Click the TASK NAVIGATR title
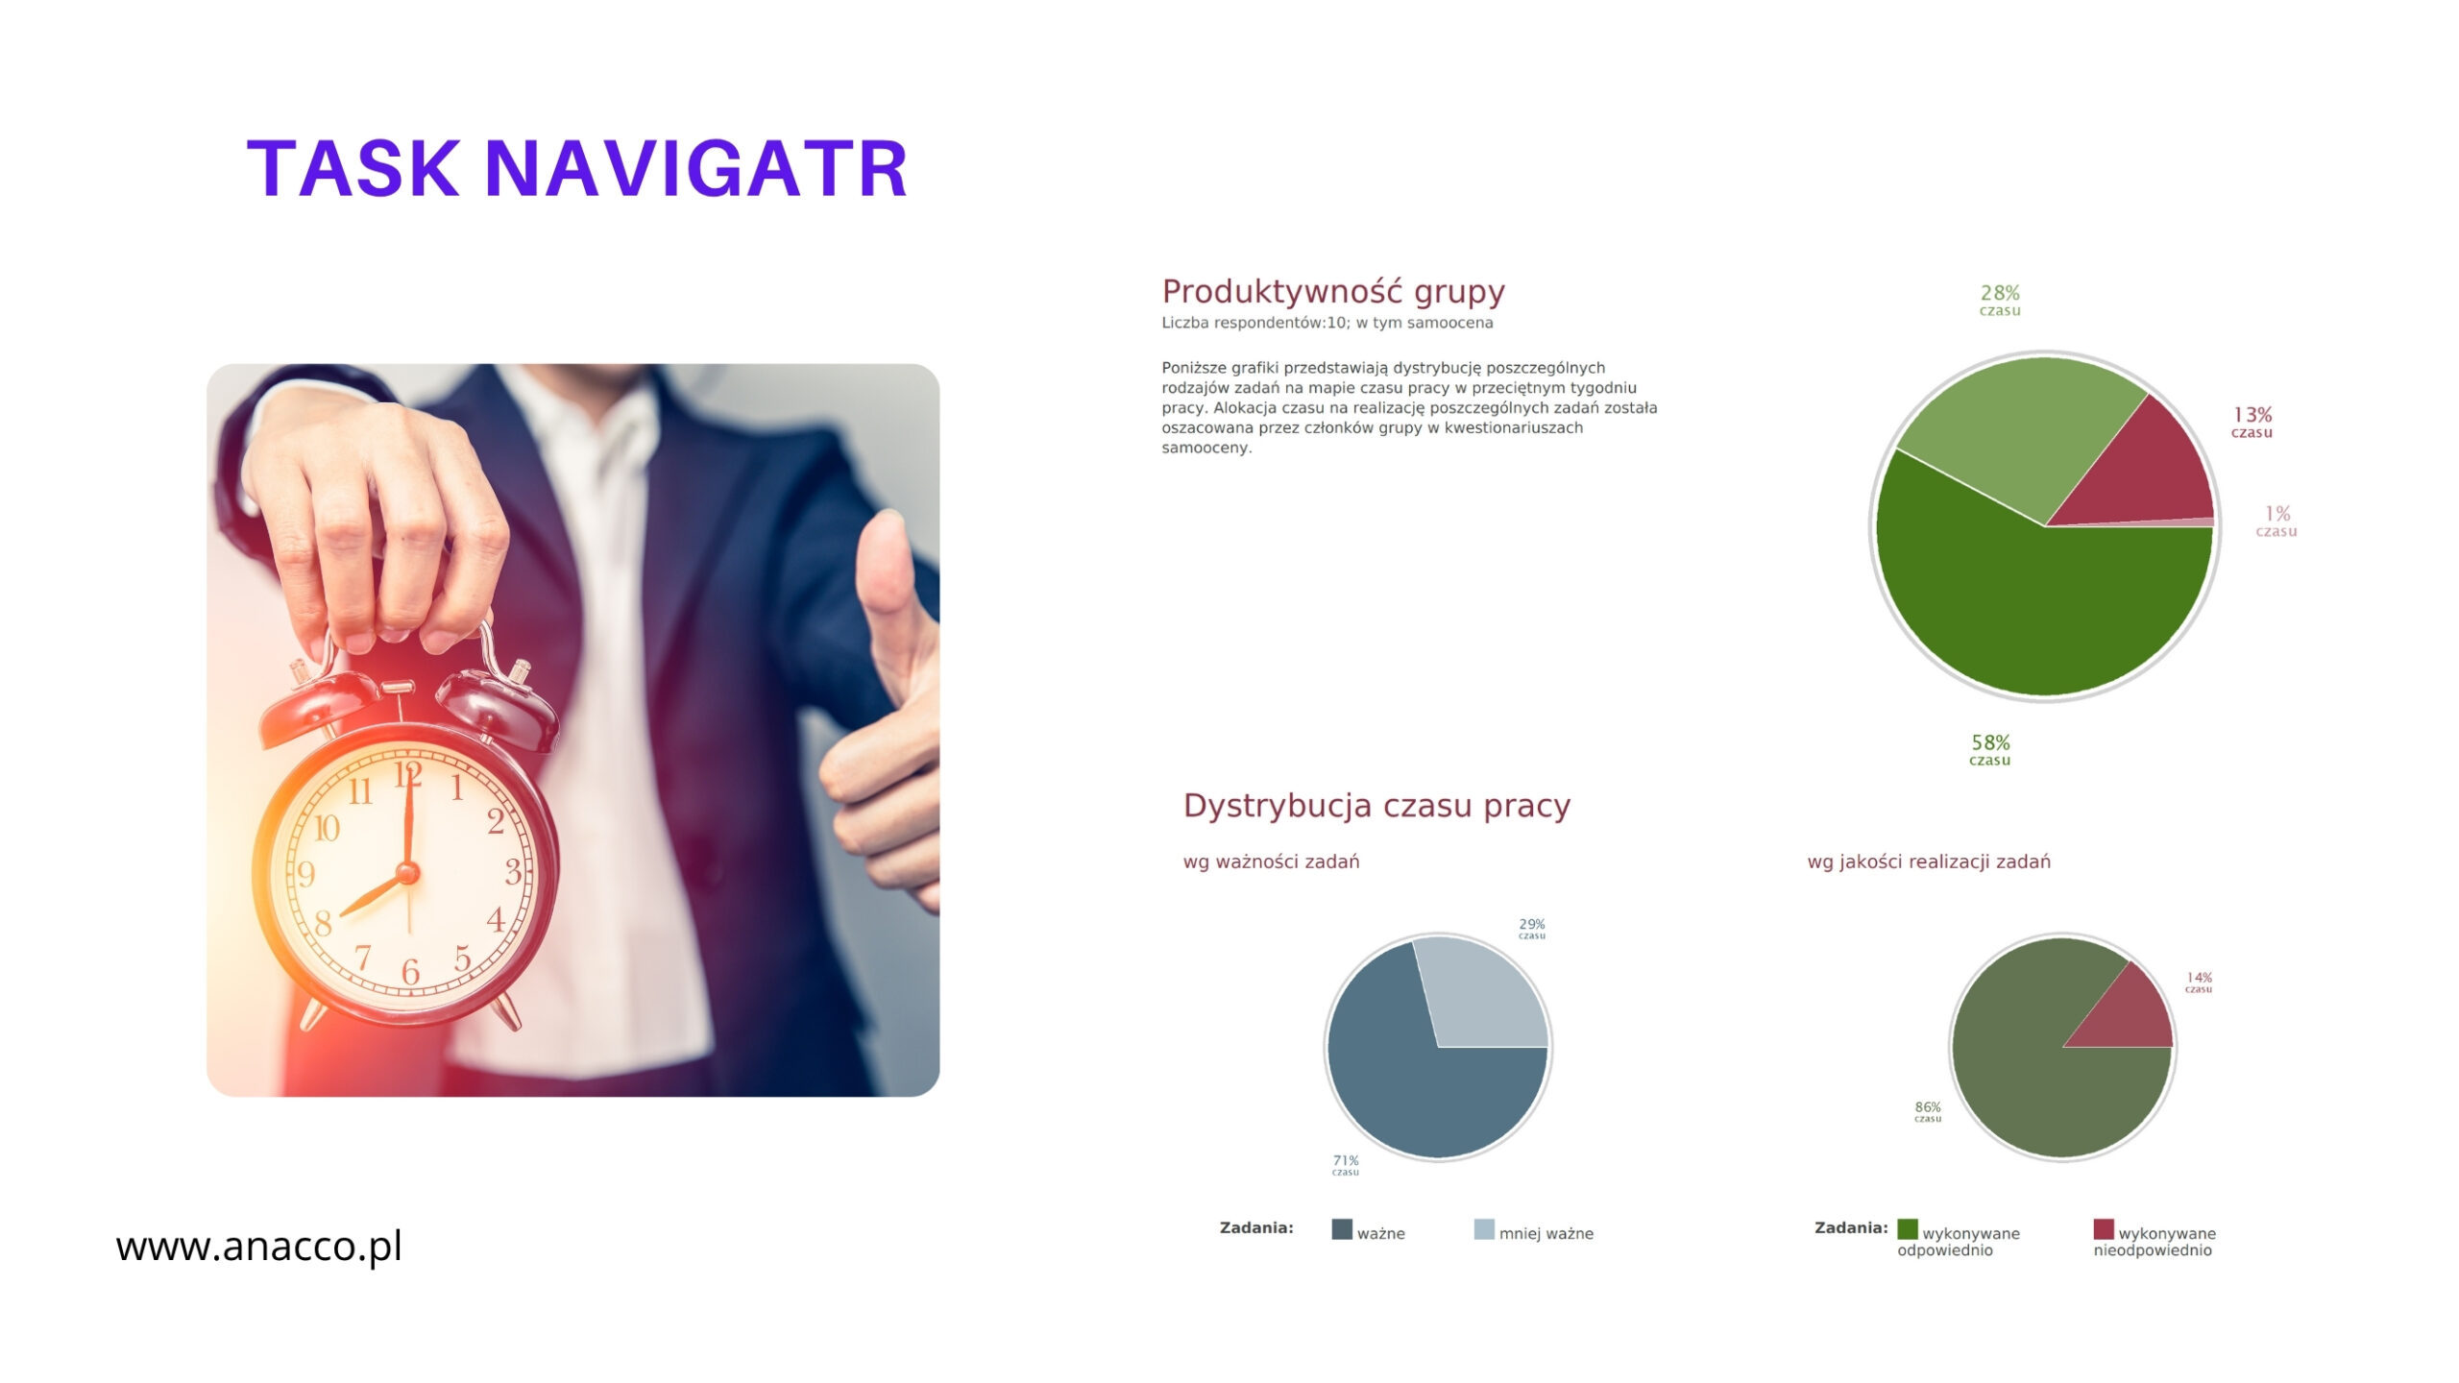tap(577, 169)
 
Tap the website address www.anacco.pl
tap(258, 1247)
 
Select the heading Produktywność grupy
tap(1333, 291)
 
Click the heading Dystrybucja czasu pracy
tap(1376, 805)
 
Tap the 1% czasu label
tap(2276, 522)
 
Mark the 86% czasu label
tap(1928, 1111)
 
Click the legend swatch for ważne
tap(1342, 1229)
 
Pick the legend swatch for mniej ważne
tap(1484, 1229)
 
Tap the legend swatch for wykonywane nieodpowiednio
tap(2104, 1229)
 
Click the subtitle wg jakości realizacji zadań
tap(1929, 861)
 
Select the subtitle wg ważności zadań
tap(1271, 861)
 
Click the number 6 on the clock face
tap(410, 971)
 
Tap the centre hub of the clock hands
tap(407, 873)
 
